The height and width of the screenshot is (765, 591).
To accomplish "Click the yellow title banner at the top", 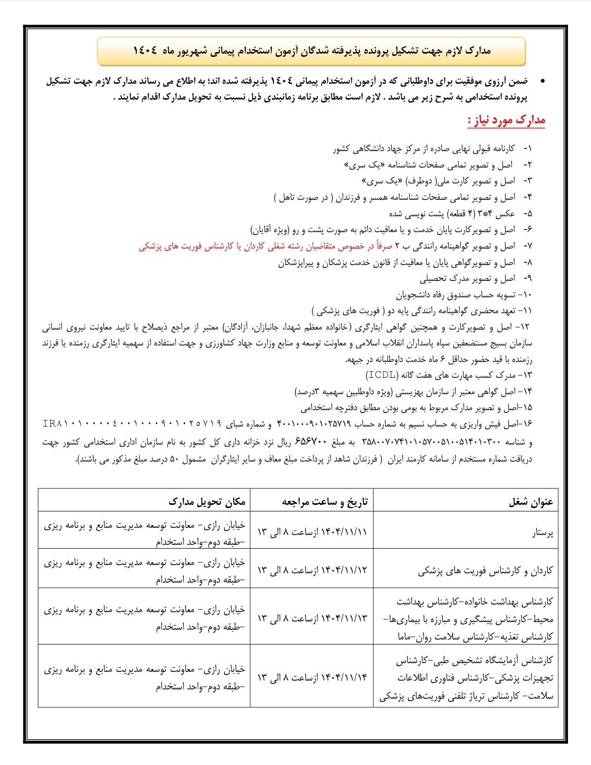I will pos(311,51).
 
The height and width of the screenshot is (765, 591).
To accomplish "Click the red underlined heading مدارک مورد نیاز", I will pos(506,120).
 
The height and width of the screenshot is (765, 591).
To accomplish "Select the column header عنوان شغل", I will pos(531,502).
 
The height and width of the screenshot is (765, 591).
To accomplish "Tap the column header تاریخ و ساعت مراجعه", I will pos(325,502).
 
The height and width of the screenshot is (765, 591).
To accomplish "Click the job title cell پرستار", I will pos(542,532).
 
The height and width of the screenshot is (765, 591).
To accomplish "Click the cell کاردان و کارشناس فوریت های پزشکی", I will pos(485,571).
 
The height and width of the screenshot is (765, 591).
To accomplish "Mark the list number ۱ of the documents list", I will pos(528,149).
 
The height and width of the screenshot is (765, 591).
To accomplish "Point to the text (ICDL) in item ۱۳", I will pos(382,375).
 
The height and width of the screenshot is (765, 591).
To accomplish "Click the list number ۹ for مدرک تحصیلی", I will pos(528,279).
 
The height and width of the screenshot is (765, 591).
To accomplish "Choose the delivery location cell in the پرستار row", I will pos(145,532).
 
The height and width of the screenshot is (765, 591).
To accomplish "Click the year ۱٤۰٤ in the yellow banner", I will pos(145,51).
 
